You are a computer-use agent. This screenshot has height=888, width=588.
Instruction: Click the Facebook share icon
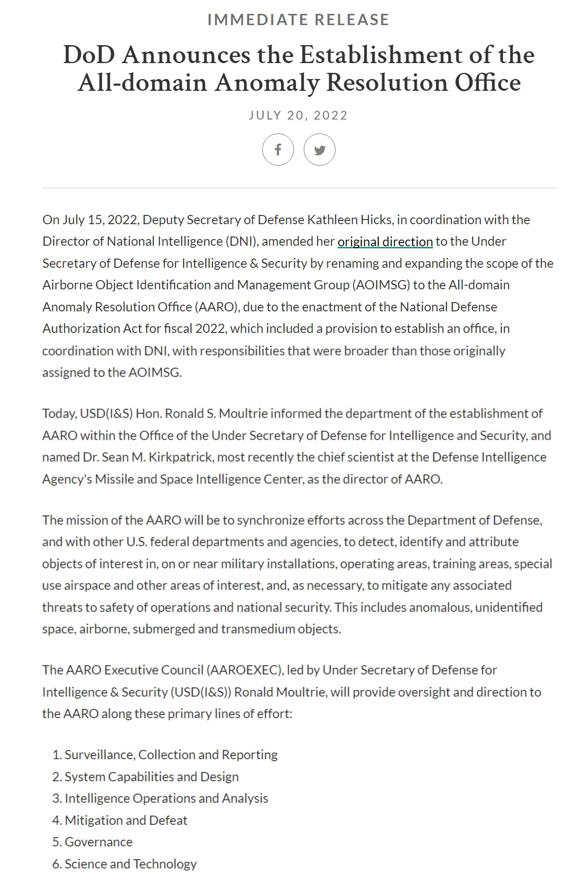pos(278,150)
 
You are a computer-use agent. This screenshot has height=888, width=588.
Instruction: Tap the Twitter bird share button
pos(320,150)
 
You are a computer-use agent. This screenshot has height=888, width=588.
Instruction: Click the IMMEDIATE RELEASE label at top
pos(298,19)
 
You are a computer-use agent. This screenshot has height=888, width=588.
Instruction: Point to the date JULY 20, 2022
pos(298,115)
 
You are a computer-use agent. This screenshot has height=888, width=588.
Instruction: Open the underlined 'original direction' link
pos(385,242)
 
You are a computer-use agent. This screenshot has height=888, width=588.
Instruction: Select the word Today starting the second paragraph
pos(59,413)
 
